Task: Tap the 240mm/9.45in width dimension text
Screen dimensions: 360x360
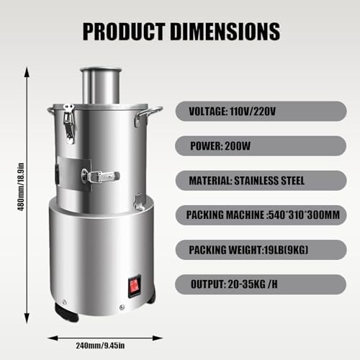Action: (x=103, y=344)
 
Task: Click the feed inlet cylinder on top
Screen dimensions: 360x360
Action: (x=100, y=84)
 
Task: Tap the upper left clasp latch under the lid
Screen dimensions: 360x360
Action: (x=69, y=122)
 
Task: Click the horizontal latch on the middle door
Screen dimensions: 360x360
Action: (x=100, y=175)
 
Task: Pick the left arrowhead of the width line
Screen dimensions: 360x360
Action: (x=52, y=335)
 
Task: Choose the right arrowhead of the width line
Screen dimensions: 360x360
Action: (x=155, y=335)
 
